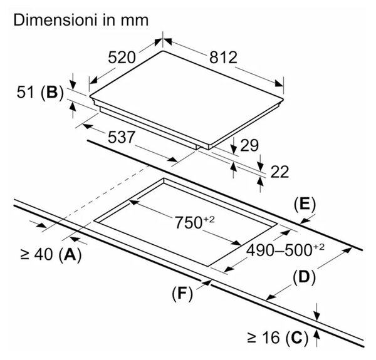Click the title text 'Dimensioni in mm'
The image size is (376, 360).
(81, 20)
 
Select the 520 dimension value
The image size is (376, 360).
(122, 58)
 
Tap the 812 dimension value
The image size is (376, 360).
(223, 58)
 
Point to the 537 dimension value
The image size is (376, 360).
(122, 137)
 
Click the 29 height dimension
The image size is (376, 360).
(249, 145)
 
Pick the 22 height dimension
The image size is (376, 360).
(279, 172)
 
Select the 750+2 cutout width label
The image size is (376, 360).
(194, 222)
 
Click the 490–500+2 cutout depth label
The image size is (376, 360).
(285, 250)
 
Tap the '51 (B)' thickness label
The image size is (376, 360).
(40, 93)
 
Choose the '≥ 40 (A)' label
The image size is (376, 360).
(51, 254)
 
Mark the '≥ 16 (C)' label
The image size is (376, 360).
(278, 337)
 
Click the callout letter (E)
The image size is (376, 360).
(305, 205)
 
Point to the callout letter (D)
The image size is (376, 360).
(304, 277)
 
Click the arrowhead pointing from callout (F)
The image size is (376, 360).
(207, 283)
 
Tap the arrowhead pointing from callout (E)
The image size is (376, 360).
(305, 221)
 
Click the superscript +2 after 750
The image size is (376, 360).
(209, 219)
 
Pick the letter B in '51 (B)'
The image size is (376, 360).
(52, 92)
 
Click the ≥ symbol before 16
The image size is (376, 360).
(253, 338)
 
